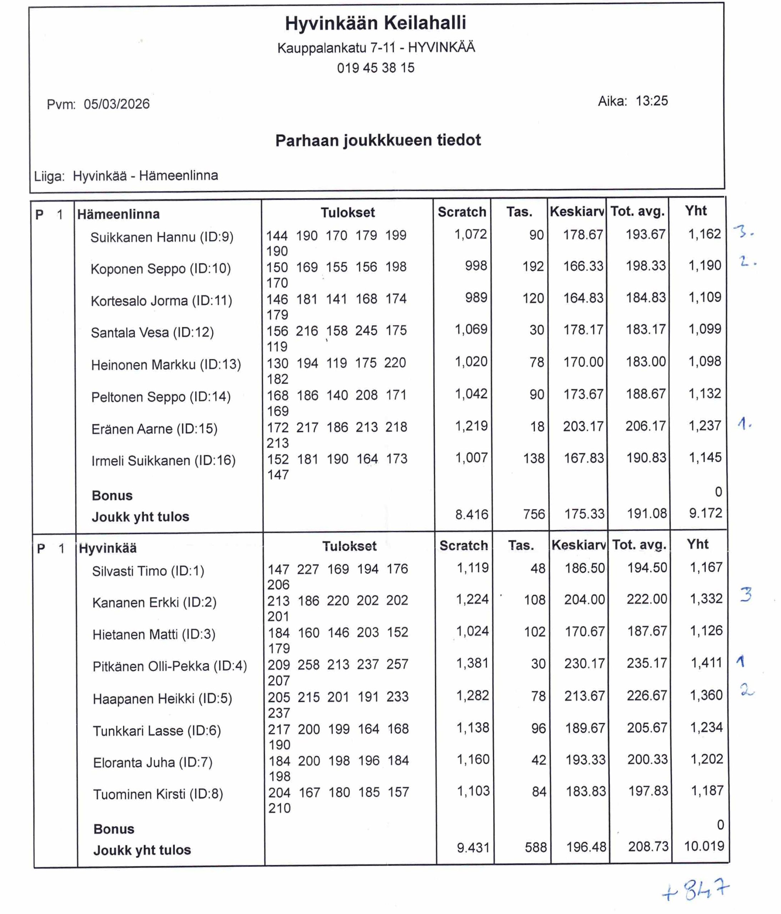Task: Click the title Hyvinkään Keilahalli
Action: click(x=375, y=23)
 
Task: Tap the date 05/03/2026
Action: click(x=116, y=104)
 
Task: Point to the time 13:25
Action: click(x=651, y=101)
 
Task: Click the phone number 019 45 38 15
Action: click(x=376, y=68)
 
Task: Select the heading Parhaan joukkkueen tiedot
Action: click(x=378, y=140)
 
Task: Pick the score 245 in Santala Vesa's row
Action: click(x=366, y=330)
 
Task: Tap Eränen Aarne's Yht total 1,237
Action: click(x=705, y=426)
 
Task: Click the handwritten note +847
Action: click(x=696, y=891)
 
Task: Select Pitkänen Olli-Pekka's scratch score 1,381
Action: click(x=472, y=663)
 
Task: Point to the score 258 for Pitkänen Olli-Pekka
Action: click(x=308, y=664)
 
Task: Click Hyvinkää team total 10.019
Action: click(x=704, y=846)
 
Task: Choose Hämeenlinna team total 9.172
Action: click(x=705, y=513)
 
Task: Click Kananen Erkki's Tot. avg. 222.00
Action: click(x=647, y=599)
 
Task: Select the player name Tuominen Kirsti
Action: click(x=158, y=794)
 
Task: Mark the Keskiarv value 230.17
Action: click(x=585, y=663)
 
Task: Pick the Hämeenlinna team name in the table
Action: click(x=118, y=214)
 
